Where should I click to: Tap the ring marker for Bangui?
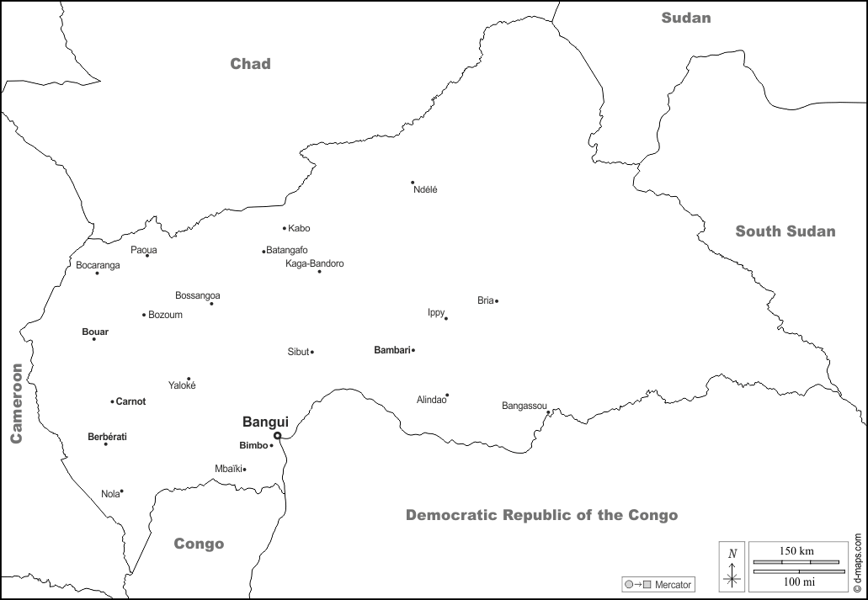tap(278, 436)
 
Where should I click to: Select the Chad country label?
tap(251, 64)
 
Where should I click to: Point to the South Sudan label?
tap(785, 231)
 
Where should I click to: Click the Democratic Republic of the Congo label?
tap(541, 515)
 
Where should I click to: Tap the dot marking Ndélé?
tap(413, 183)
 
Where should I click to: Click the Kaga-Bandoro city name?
tap(315, 263)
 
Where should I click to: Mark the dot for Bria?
tap(497, 301)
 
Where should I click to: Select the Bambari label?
tap(391, 349)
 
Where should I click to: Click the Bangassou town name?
tap(525, 406)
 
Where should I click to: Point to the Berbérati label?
tap(107, 437)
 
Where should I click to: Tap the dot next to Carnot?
tap(112, 401)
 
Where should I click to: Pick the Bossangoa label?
tap(198, 295)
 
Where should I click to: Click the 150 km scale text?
tap(796, 550)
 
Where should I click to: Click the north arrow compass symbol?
tap(732, 566)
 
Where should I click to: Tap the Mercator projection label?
tap(673, 584)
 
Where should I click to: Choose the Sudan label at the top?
tap(686, 18)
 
